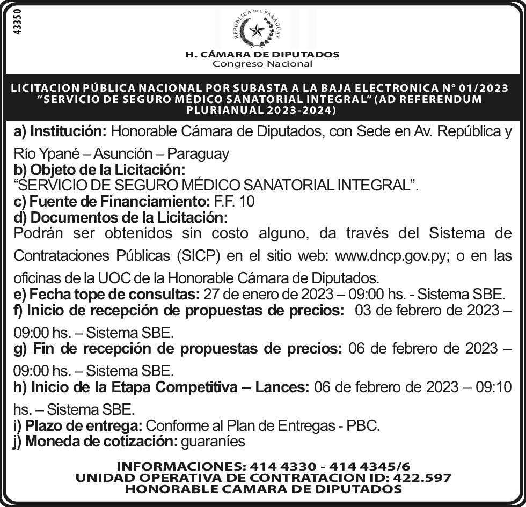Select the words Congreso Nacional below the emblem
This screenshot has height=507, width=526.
pyautogui.click(x=262, y=64)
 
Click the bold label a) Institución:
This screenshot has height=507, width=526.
pyautogui.click(x=60, y=131)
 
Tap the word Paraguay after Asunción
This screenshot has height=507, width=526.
pyautogui.click(x=198, y=154)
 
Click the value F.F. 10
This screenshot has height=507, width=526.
pyautogui.click(x=233, y=202)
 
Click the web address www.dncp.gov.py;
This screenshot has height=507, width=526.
pyautogui.click(x=391, y=256)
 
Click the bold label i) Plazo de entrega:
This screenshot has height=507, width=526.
pyautogui.click(x=78, y=426)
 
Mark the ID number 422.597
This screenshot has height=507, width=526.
pyautogui.click(x=422, y=477)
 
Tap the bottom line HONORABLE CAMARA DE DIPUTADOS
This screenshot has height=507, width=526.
pyautogui.click(x=263, y=489)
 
